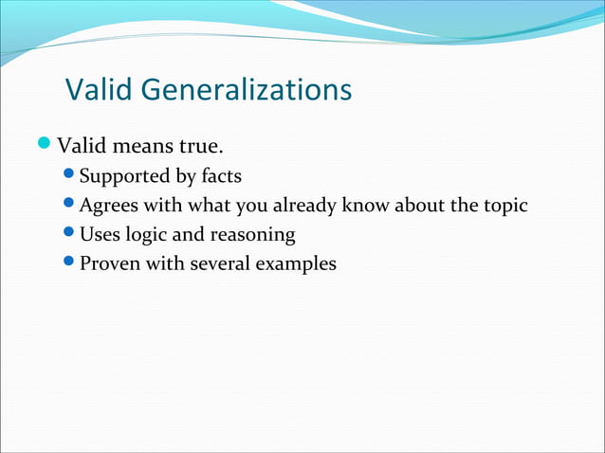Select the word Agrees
(108, 206)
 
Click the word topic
(503, 206)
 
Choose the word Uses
(99, 234)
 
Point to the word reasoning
(254, 235)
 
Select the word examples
(295, 264)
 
